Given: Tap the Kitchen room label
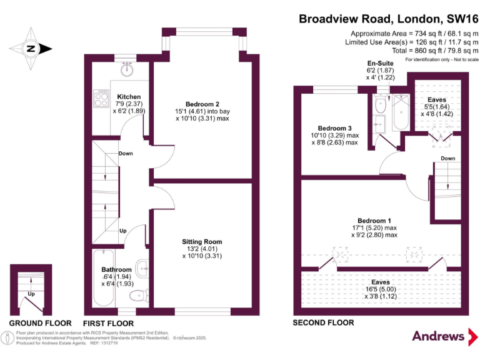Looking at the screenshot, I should [128, 97].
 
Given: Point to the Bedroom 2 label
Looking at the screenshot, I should [202, 104].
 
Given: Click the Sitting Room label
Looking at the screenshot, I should [202, 242].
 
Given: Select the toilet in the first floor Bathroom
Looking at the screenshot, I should [136, 296].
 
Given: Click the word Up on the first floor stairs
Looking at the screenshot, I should [123, 231].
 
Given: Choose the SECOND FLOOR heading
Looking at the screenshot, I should [323, 323].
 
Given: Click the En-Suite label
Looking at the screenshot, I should [381, 64].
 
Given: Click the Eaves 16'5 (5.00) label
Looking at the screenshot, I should [381, 282].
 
